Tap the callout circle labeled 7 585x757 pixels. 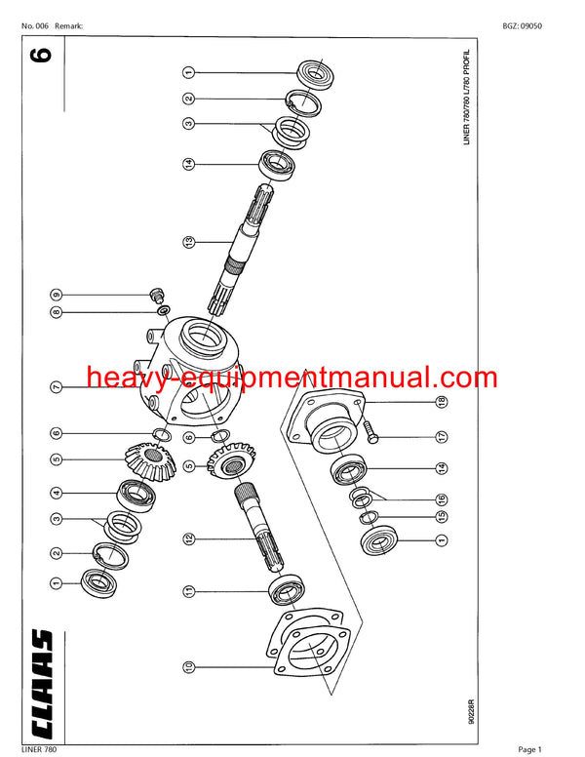[57, 387]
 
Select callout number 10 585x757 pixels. [188, 667]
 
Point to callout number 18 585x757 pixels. [442, 402]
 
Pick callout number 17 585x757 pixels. [442, 437]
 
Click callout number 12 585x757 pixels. [188, 538]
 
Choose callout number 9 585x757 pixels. [57, 295]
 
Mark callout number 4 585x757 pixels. [57, 494]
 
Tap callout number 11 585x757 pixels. [188, 590]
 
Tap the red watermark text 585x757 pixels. [292, 378]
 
